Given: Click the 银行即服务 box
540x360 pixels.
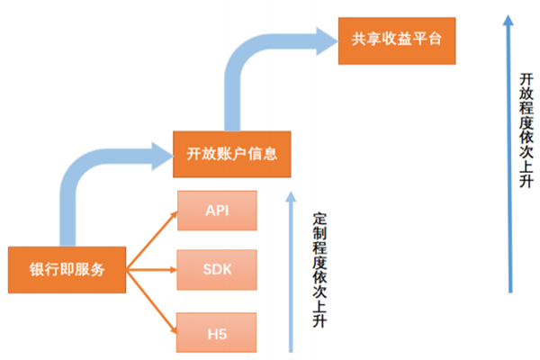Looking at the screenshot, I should (67, 268).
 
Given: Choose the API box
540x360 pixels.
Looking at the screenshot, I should (217, 211).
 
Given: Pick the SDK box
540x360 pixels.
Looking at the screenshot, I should (217, 267).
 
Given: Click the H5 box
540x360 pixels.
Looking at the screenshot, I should (217, 333).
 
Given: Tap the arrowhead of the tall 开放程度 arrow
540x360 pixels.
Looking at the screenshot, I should (510, 15).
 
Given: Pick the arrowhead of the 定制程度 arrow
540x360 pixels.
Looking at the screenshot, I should (290, 193).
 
